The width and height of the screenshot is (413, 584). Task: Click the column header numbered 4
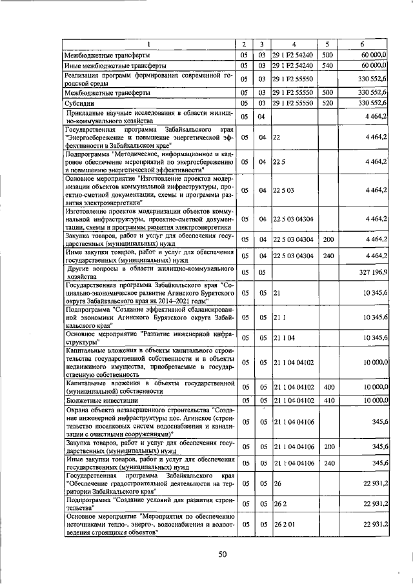294,44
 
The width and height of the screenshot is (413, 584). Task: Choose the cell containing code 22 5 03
284,190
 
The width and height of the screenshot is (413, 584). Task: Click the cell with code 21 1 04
284,337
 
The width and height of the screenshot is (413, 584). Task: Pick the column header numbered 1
148,44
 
